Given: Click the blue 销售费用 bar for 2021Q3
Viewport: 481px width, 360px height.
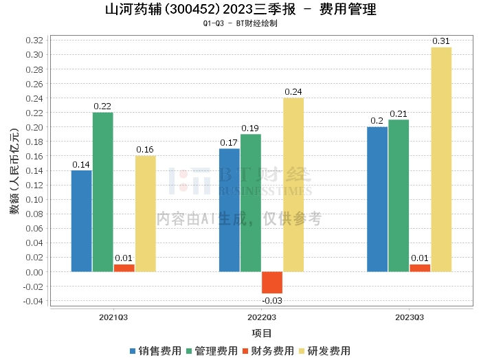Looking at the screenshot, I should (81, 221).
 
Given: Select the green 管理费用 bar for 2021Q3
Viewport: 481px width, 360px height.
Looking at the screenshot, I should (102, 192).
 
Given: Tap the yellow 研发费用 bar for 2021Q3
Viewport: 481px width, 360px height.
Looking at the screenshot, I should (145, 214).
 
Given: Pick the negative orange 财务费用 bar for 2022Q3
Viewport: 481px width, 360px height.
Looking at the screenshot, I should (271, 282).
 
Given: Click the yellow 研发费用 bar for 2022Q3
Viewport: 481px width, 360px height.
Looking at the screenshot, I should (293, 185).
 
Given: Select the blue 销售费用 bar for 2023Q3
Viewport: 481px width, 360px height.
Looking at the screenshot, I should (377, 199).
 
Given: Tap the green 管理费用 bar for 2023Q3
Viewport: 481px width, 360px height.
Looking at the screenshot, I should (399, 196).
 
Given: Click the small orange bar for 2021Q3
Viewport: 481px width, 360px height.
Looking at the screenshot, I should (124, 268).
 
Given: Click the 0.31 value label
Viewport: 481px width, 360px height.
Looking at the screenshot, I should (441, 41).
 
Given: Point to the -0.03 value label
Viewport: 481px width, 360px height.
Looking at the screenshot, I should (271, 300).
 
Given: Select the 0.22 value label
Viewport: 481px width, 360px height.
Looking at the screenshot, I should (102, 106).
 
